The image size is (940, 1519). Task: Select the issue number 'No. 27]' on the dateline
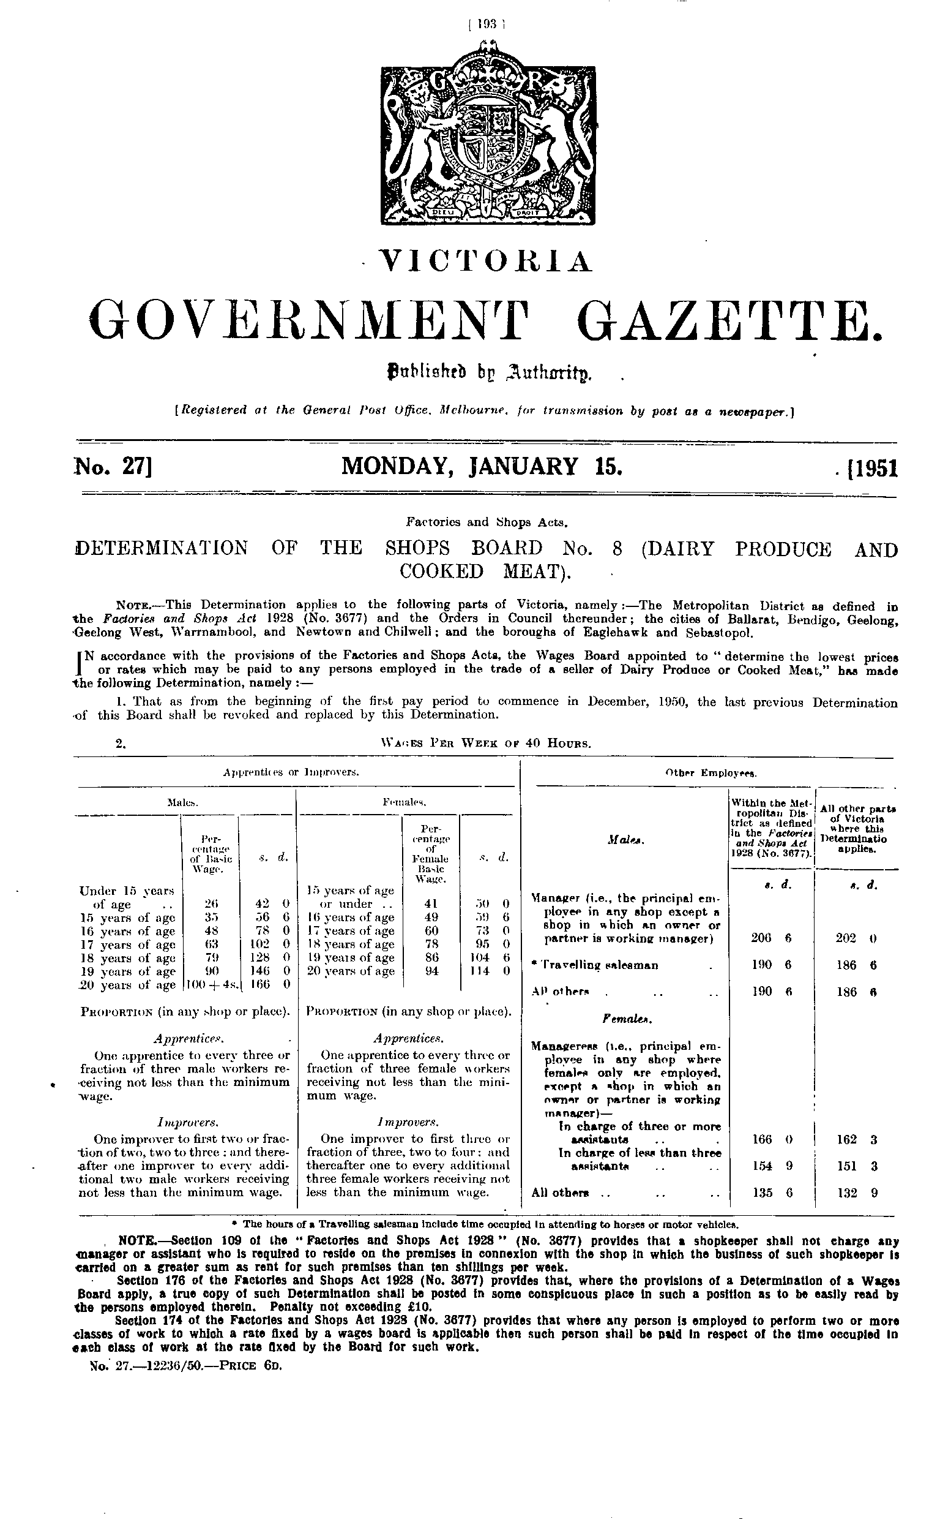click(114, 467)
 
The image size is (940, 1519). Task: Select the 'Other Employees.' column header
click(711, 773)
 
